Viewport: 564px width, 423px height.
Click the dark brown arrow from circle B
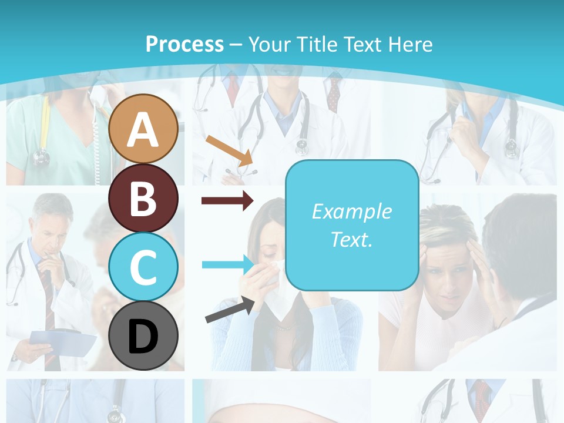coord(227,201)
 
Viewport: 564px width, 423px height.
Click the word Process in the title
coord(184,44)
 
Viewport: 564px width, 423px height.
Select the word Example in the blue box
coord(351,211)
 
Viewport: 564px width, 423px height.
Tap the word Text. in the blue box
coord(351,239)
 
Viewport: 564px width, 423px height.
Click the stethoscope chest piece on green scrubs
coord(41,157)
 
